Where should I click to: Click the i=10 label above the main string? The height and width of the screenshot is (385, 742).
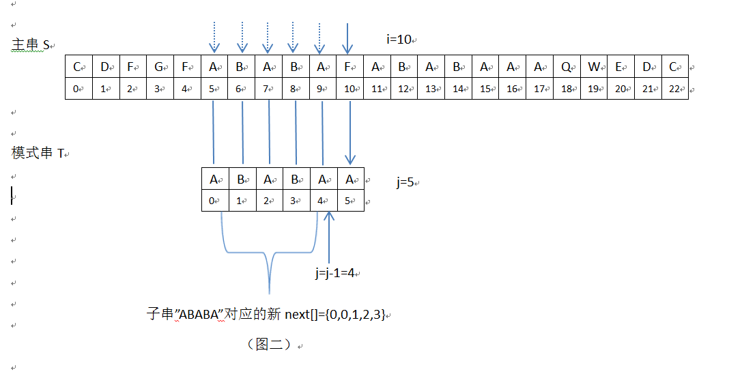click(x=399, y=40)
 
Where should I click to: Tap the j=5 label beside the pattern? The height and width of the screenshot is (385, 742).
click(x=407, y=182)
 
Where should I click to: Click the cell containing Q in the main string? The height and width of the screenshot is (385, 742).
click(x=567, y=67)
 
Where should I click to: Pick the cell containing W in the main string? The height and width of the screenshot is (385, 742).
click(x=594, y=67)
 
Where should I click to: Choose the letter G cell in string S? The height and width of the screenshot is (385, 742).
click(x=159, y=67)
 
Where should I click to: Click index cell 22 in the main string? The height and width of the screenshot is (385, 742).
click(x=674, y=89)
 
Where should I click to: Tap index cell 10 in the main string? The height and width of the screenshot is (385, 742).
click(x=349, y=89)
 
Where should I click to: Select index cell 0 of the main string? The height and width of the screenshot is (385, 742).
click(x=79, y=89)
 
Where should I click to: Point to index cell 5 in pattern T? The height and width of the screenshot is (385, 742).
click(x=350, y=201)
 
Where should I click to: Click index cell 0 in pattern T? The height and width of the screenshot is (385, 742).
click(x=214, y=201)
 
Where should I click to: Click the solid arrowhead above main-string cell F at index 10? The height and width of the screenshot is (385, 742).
click(x=348, y=48)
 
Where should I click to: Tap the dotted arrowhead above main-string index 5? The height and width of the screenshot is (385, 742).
click(x=214, y=48)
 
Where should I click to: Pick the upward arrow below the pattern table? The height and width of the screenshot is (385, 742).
click(x=330, y=217)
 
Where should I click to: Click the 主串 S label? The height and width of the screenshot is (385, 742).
click(x=31, y=45)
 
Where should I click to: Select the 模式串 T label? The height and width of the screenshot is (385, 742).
click(x=38, y=154)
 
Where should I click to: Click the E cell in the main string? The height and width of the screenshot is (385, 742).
click(x=620, y=67)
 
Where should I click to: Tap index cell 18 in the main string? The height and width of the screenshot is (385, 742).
click(x=567, y=89)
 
